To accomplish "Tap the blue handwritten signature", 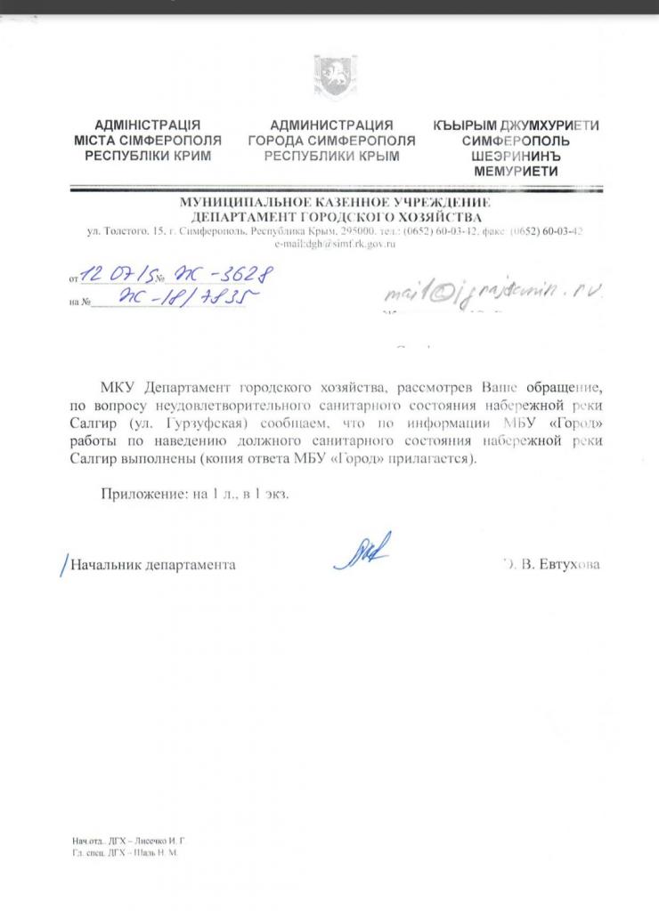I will tap(362, 552).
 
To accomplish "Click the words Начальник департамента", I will tap(153, 565).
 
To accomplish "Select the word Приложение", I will tap(137, 495).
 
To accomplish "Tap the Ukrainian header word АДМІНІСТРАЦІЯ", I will tap(147, 125).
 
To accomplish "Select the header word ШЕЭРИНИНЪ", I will tap(516, 156).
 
